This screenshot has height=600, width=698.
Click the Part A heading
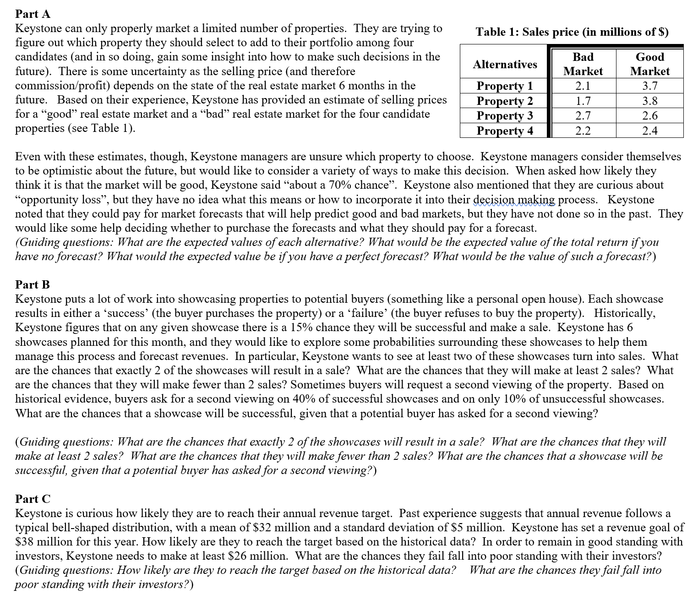pyautogui.click(x=33, y=14)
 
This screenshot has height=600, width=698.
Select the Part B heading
pyautogui.click(x=33, y=284)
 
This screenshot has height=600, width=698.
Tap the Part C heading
pyautogui.click(x=33, y=498)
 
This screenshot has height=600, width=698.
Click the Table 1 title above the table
pyautogui.click(x=572, y=32)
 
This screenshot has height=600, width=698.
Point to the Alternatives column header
pyautogui.click(x=505, y=64)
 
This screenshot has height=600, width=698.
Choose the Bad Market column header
pyautogui.click(x=583, y=64)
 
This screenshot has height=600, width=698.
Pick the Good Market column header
pyautogui.click(x=649, y=64)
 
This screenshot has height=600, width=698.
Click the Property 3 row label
pyautogui.click(x=505, y=115)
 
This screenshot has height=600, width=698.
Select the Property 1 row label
pyautogui.click(x=505, y=86)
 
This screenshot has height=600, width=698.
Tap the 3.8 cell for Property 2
pyautogui.click(x=649, y=101)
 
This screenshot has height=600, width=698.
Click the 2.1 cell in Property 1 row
pyautogui.click(x=583, y=86)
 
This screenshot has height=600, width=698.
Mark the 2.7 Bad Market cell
pyautogui.click(x=583, y=115)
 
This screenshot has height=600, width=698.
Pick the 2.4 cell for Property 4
pyautogui.click(x=649, y=131)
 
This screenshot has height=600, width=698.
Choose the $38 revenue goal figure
pyautogui.click(x=25, y=541)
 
